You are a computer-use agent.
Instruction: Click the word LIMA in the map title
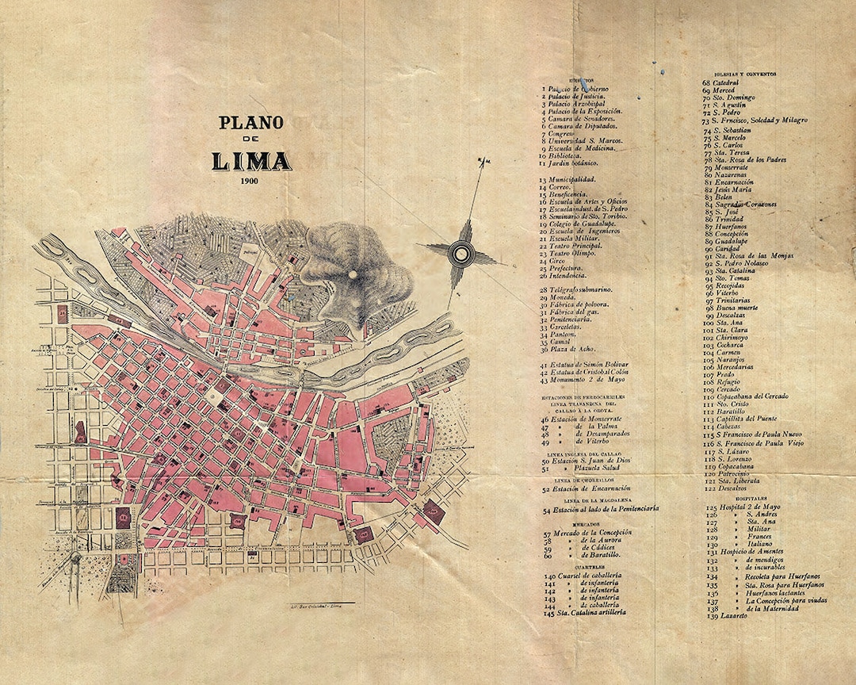point(251,161)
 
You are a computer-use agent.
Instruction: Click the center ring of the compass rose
point(459,254)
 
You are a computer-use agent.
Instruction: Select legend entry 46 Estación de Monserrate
point(585,418)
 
